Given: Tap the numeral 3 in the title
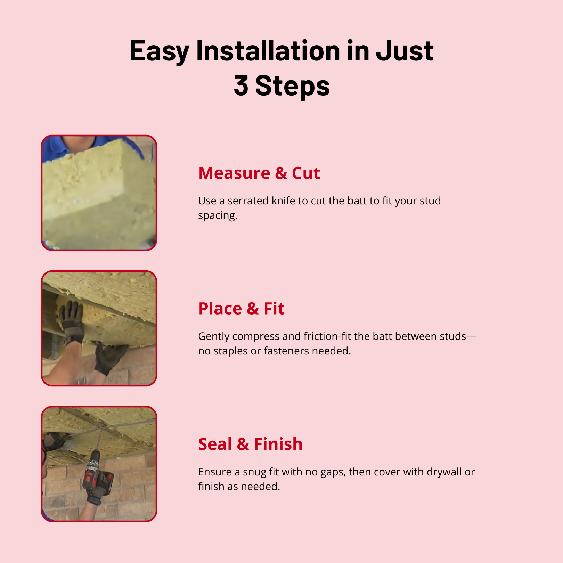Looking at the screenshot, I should click(241, 85).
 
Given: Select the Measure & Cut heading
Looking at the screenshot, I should click(259, 173).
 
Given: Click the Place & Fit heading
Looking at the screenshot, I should click(241, 309).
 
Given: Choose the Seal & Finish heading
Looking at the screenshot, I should click(250, 444).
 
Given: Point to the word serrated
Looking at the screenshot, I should click(248, 201).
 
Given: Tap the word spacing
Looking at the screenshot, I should click(218, 216).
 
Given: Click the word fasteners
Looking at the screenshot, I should click(286, 351).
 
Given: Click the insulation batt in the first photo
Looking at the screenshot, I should click(97, 195).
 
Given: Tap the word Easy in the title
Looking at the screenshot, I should click(159, 51).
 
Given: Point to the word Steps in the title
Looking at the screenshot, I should click(292, 85).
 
